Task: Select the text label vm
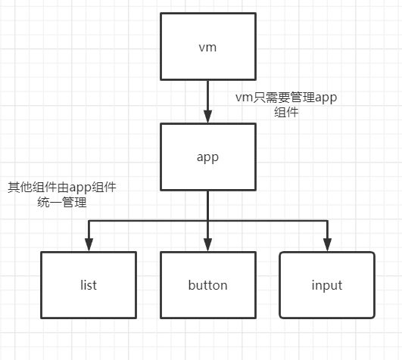click(x=207, y=47)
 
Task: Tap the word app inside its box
click(x=207, y=158)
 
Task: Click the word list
click(x=89, y=285)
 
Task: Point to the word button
click(x=207, y=285)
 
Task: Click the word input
click(x=327, y=285)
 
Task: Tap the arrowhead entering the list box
click(x=89, y=244)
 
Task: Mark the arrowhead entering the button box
click(x=207, y=244)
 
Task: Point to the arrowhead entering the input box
click(x=327, y=244)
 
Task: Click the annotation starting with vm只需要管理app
click(x=285, y=98)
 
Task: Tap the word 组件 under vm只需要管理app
click(x=285, y=113)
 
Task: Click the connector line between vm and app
click(x=207, y=95)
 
